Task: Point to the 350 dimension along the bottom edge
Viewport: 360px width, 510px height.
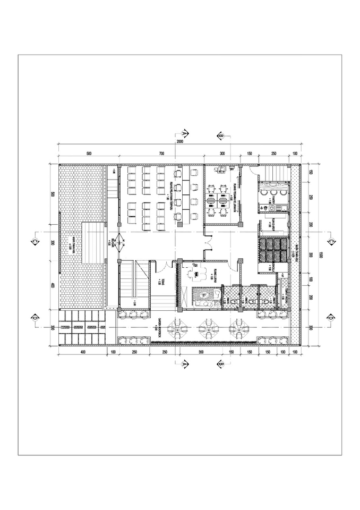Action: click(201, 352)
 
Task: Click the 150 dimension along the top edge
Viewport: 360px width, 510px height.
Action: click(248, 154)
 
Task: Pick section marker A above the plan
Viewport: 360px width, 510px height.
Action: click(185, 133)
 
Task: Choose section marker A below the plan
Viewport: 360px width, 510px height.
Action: click(185, 364)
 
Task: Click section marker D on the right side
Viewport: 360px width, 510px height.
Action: click(330, 318)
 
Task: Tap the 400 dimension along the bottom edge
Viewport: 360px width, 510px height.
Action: click(83, 352)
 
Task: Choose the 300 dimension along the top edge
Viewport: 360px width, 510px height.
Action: click(222, 154)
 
